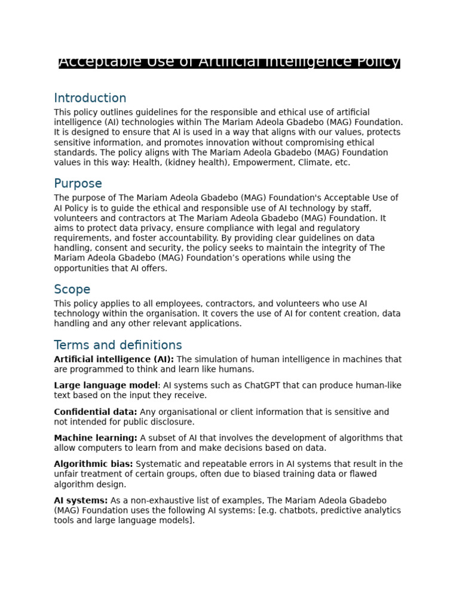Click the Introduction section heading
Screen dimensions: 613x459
(x=90, y=98)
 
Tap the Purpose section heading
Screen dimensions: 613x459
(x=78, y=184)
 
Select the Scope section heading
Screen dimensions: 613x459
(x=72, y=290)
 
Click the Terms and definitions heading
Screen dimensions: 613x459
(x=118, y=345)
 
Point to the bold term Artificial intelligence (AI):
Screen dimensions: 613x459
(x=114, y=359)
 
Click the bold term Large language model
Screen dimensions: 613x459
(x=106, y=386)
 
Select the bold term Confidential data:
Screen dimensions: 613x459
(x=96, y=412)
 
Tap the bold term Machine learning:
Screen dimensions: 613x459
(x=96, y=438)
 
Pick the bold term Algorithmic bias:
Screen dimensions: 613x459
(x=94, y=464)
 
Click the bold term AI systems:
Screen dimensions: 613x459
(x=81, y=500)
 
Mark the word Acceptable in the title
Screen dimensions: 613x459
(x=92, y=62)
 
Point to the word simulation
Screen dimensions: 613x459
(x=219, y=359)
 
